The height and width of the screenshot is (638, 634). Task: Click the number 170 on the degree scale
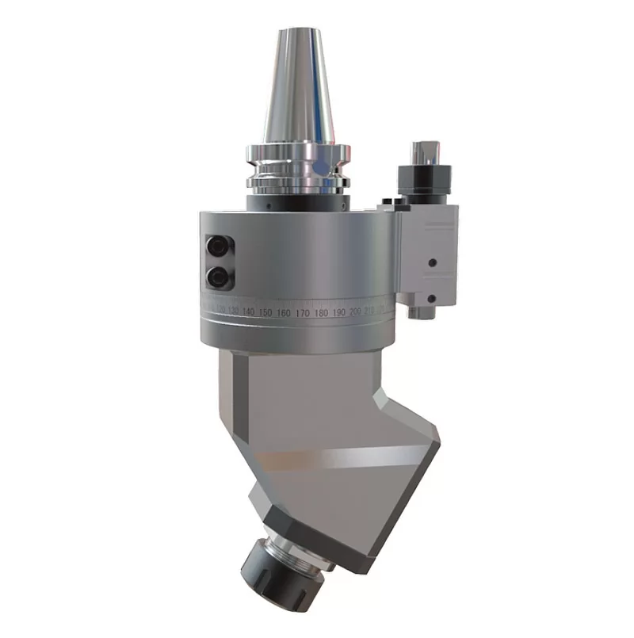point(302,314)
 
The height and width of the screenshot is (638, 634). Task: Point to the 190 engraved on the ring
point(338,313)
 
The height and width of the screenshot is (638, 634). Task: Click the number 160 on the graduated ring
point(284,314)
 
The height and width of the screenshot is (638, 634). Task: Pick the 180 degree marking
point(320,314)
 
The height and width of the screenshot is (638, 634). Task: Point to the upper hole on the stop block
point(433,262)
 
